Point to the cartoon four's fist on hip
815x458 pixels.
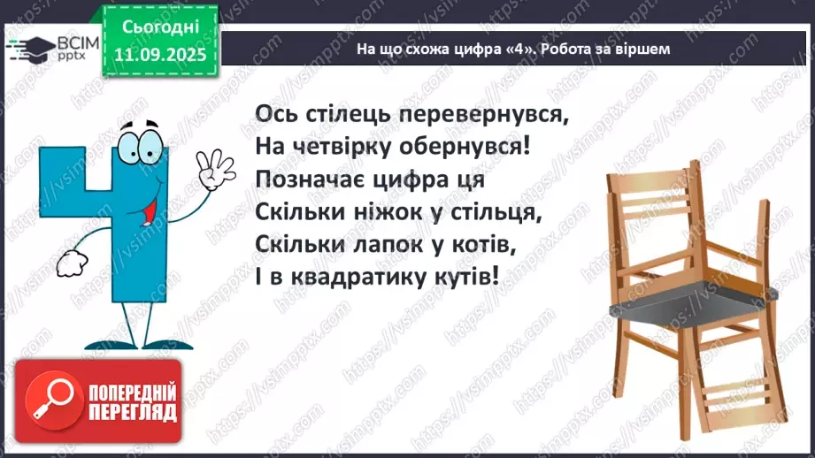coord(68,263)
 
